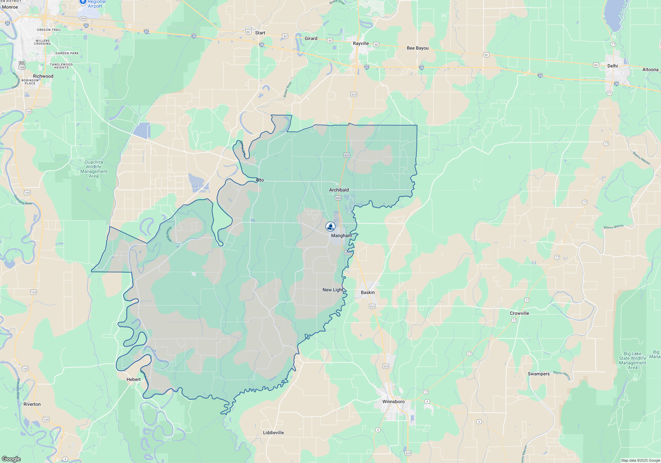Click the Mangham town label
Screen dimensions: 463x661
[341, 235]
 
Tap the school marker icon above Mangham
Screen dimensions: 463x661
[330, 227]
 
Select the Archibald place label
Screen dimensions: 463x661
[339, 190]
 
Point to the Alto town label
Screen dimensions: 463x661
[260, 180]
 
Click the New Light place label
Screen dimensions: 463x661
[333, 290]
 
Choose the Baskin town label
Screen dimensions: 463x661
[368, 292]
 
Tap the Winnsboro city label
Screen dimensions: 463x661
[393, 401]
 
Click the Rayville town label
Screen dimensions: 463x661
[361, 43]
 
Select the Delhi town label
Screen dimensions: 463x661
[612, 66]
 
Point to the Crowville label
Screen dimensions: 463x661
[519, 313]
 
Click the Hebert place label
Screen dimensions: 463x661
[134, 379]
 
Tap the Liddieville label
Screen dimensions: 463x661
[273, 433]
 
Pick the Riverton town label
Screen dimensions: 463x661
[32, 404]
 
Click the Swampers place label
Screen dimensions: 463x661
[538, 374]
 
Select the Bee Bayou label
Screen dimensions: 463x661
[417, 48]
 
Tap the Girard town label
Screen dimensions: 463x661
[311, 38]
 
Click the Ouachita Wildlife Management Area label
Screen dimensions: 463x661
[94, 169]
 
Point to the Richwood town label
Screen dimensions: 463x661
[43, 76]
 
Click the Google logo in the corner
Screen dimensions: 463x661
[11, 459]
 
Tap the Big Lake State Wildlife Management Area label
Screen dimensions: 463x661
[632, 360]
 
